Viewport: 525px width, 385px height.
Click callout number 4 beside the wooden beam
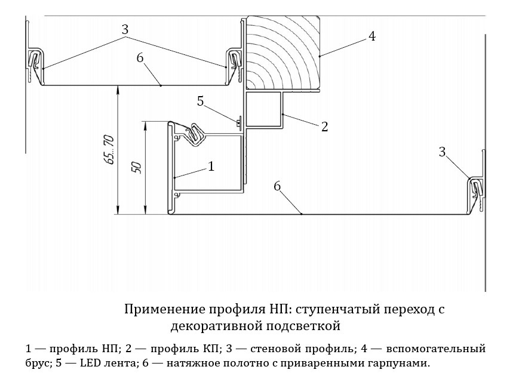[372, 36]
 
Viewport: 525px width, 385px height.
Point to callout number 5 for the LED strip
[201, 101]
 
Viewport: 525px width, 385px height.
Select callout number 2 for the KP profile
[324, 127]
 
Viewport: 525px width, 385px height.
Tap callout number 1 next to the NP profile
[210, 167]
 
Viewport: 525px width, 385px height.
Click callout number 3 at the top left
[125, 29]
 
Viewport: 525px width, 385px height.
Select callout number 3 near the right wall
[442, 152]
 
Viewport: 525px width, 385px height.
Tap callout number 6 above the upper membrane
[140, 57]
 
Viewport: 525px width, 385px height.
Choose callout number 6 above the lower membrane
[277, 186]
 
